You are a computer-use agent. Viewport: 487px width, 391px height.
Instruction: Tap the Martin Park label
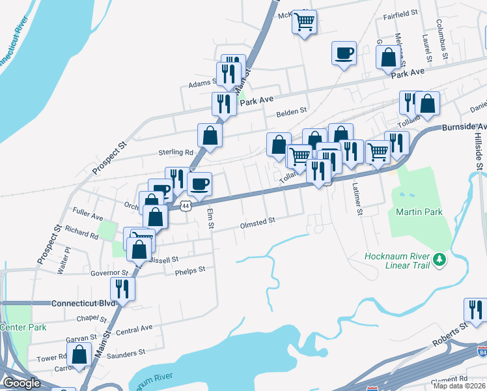pos(419,212)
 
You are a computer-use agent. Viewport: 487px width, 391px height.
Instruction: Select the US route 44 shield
pos(187,205)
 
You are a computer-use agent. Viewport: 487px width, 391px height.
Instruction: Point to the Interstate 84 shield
pos(482,353)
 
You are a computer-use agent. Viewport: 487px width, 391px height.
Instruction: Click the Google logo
pos(21,383)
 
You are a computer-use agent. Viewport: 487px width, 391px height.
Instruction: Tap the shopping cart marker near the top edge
pos(304,23)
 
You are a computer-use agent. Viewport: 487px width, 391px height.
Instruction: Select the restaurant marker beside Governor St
pos(122,287)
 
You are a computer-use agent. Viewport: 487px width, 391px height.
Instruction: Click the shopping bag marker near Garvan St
pos(79,355)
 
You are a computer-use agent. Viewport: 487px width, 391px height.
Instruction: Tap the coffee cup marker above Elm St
pos(199,184)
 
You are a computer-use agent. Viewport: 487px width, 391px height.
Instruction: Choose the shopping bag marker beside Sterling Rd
pos(210,135)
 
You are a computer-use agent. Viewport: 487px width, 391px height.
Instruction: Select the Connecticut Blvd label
pos(83,304)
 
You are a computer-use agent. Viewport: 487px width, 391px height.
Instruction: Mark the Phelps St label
pos(189,268)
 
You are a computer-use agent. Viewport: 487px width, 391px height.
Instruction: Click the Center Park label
pos(23,327)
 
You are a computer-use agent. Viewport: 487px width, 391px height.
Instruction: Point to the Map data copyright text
pos(460,386)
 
